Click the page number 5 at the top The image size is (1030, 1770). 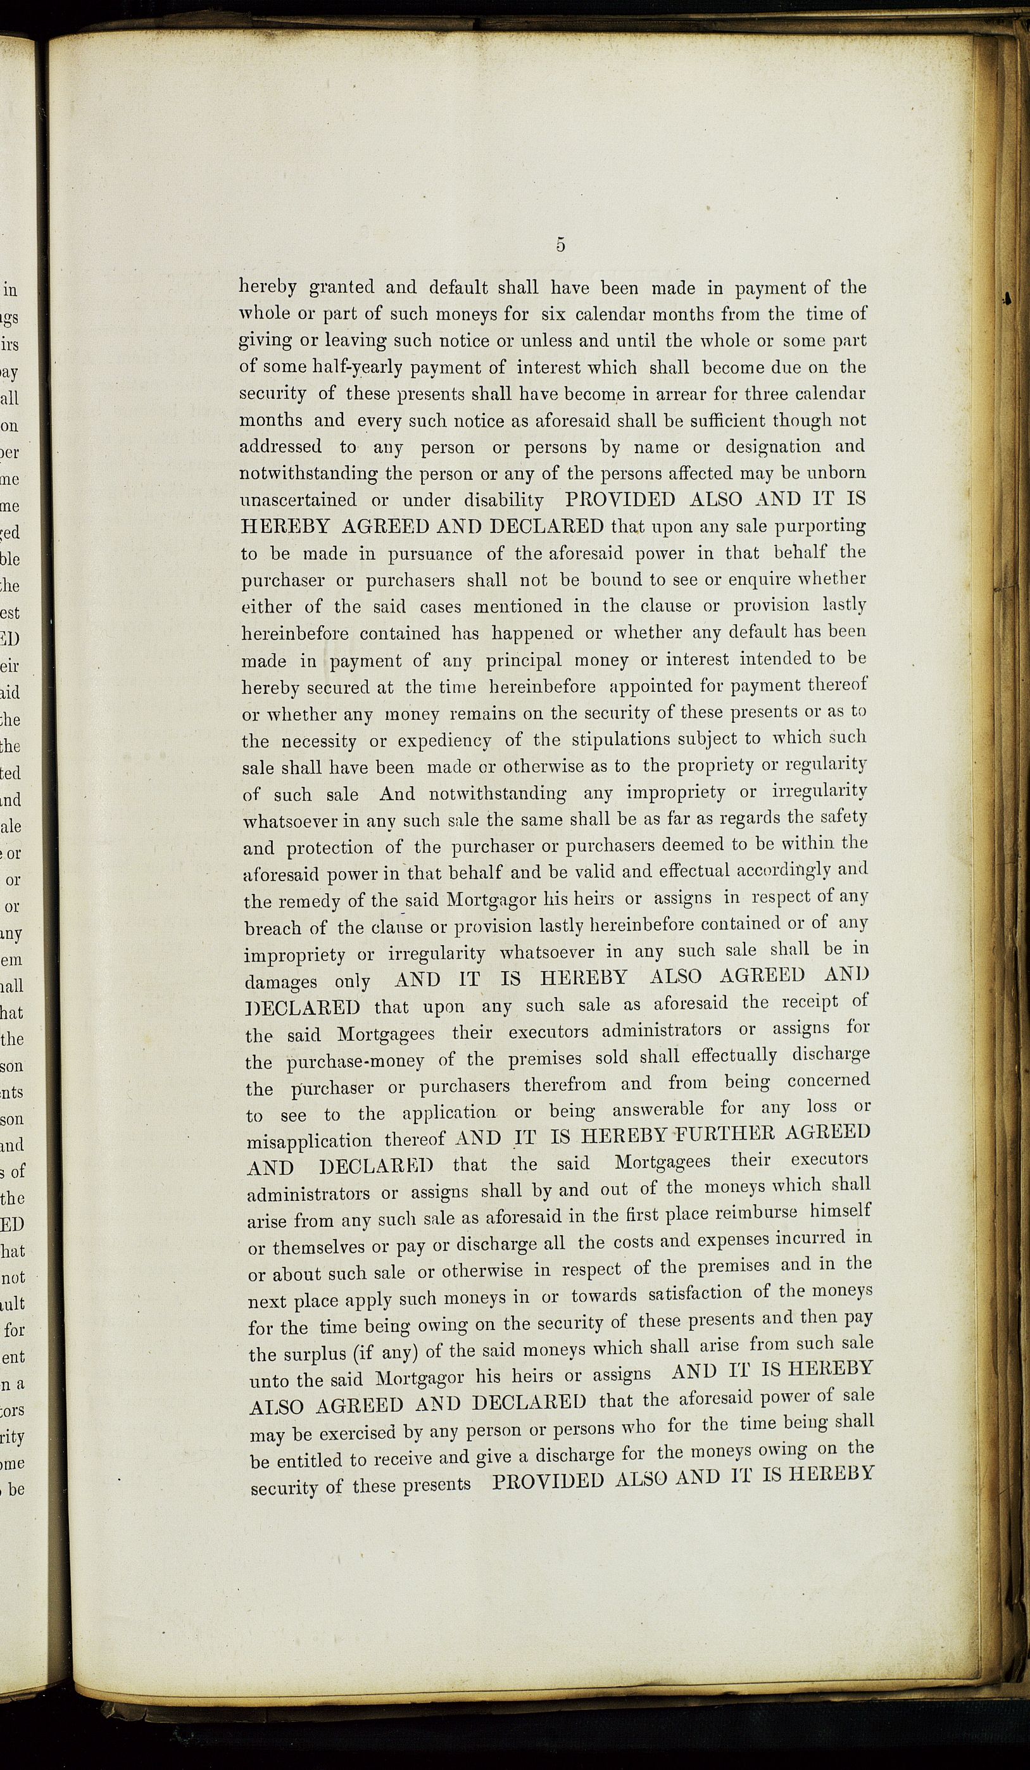560,244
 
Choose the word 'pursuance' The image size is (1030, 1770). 430,554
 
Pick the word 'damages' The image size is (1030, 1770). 280,982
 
